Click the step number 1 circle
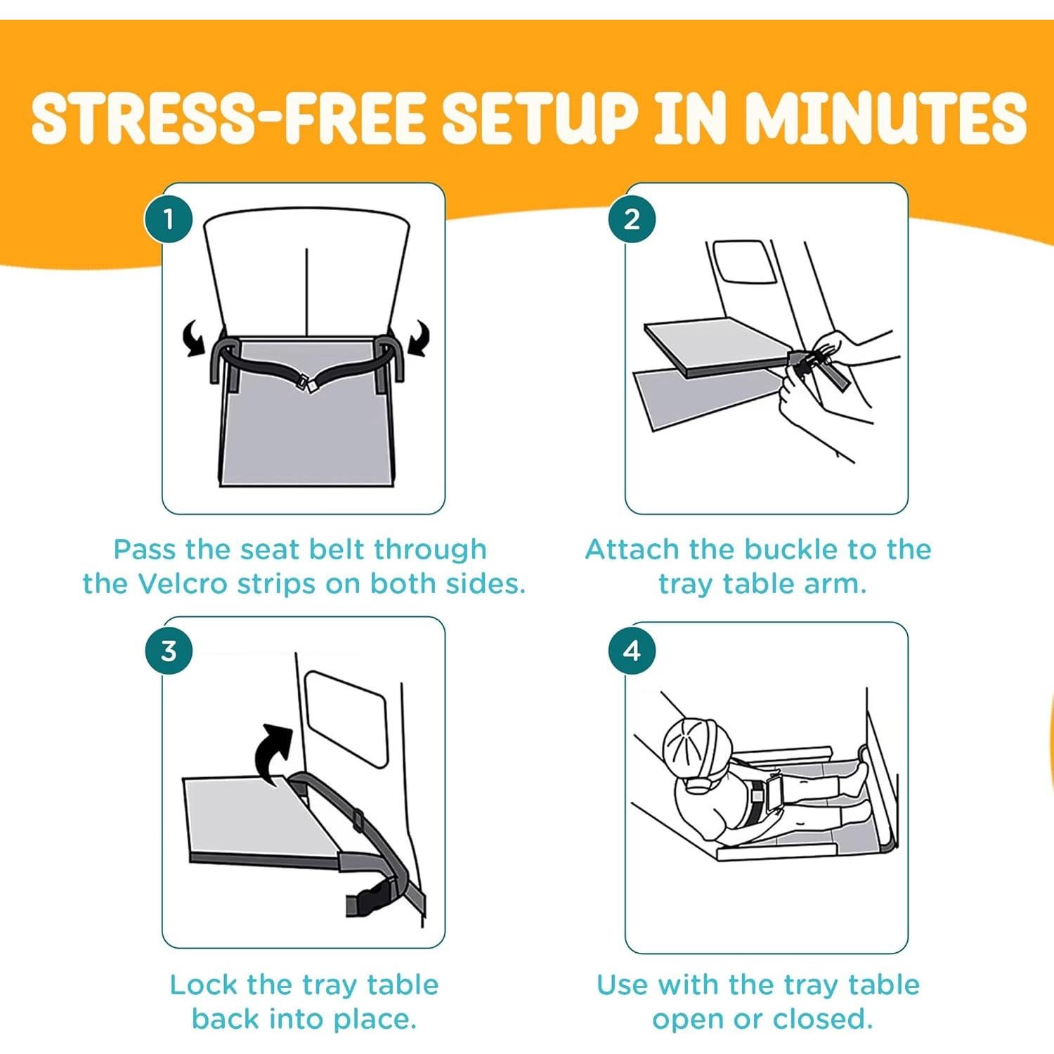click(x=169, y=219)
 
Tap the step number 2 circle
click(x=632, y=219)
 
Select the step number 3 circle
click(x=169, y=651)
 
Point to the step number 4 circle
click(x=632, y=651)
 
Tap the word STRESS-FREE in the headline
click(x=228, y=118)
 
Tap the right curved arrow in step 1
click(x=419, y=337)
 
